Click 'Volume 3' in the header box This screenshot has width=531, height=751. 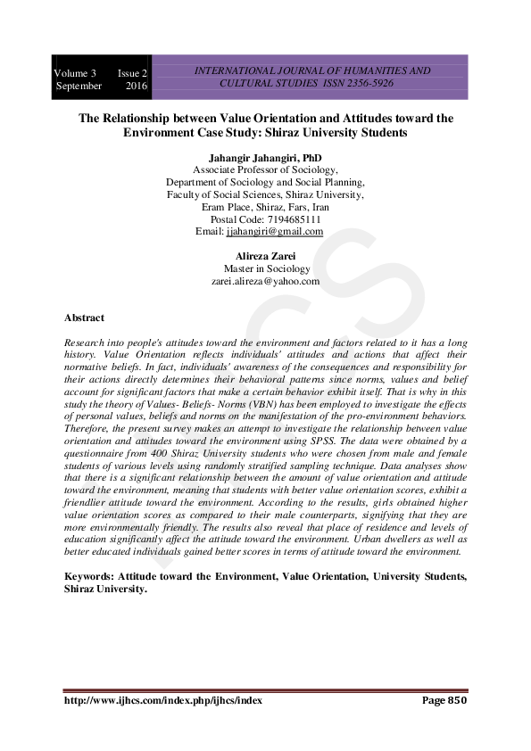[x=75, y=72]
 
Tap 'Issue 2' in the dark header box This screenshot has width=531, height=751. [x=133, y=72]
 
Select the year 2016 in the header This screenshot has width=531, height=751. [x=136, y=86]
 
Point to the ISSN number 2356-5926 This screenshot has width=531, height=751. [x=367, y=83]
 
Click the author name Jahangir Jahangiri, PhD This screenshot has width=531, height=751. [x=265, y=158]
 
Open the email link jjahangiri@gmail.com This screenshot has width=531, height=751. [x=275, y=231]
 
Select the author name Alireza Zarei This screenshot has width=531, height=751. [x=265, y=256]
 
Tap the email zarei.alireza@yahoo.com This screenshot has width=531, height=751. [x=265, y=281]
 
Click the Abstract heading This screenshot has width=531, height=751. [x=84, y=318]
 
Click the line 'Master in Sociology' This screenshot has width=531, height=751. [x=265, y=268]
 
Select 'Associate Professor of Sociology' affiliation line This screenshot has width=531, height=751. [x=265, y=170]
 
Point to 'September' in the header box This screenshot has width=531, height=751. [x=79, y=86]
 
